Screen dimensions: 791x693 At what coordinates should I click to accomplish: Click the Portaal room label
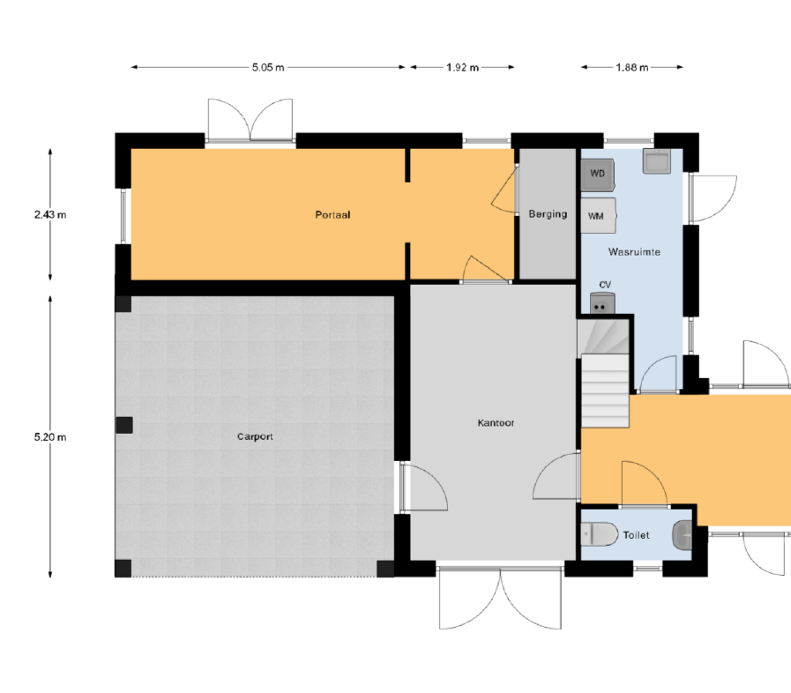point(332,215)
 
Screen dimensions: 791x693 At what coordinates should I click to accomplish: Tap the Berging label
point(548,214)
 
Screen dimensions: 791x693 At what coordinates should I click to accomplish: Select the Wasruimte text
point(634,251)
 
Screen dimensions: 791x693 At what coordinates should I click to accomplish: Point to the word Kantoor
point(496,422)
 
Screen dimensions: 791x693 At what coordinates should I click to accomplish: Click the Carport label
point(255,436)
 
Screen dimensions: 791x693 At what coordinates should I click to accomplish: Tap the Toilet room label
point(636,535)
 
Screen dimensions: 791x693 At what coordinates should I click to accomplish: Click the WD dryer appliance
point(598,175)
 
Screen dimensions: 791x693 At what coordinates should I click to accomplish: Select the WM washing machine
point(598,215)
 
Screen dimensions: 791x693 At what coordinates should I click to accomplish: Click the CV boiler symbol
point(602,303)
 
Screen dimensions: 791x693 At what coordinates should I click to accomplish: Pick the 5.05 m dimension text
point(268,67)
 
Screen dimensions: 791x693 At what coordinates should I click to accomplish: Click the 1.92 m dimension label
point(462,67)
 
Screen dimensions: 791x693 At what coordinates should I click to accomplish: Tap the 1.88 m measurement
point(631,67)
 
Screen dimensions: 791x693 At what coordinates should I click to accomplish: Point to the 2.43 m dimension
point(50,215)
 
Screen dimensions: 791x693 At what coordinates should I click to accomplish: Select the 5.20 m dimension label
point(50,437)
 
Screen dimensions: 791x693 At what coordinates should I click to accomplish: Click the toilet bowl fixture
point(600,534)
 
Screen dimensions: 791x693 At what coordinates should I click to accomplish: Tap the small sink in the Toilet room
point(683,534)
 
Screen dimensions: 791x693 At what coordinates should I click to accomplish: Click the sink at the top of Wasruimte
point(656,160)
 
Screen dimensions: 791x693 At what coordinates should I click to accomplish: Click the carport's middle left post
point(124,425)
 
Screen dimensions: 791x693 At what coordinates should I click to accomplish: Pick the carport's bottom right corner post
point(385,569)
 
